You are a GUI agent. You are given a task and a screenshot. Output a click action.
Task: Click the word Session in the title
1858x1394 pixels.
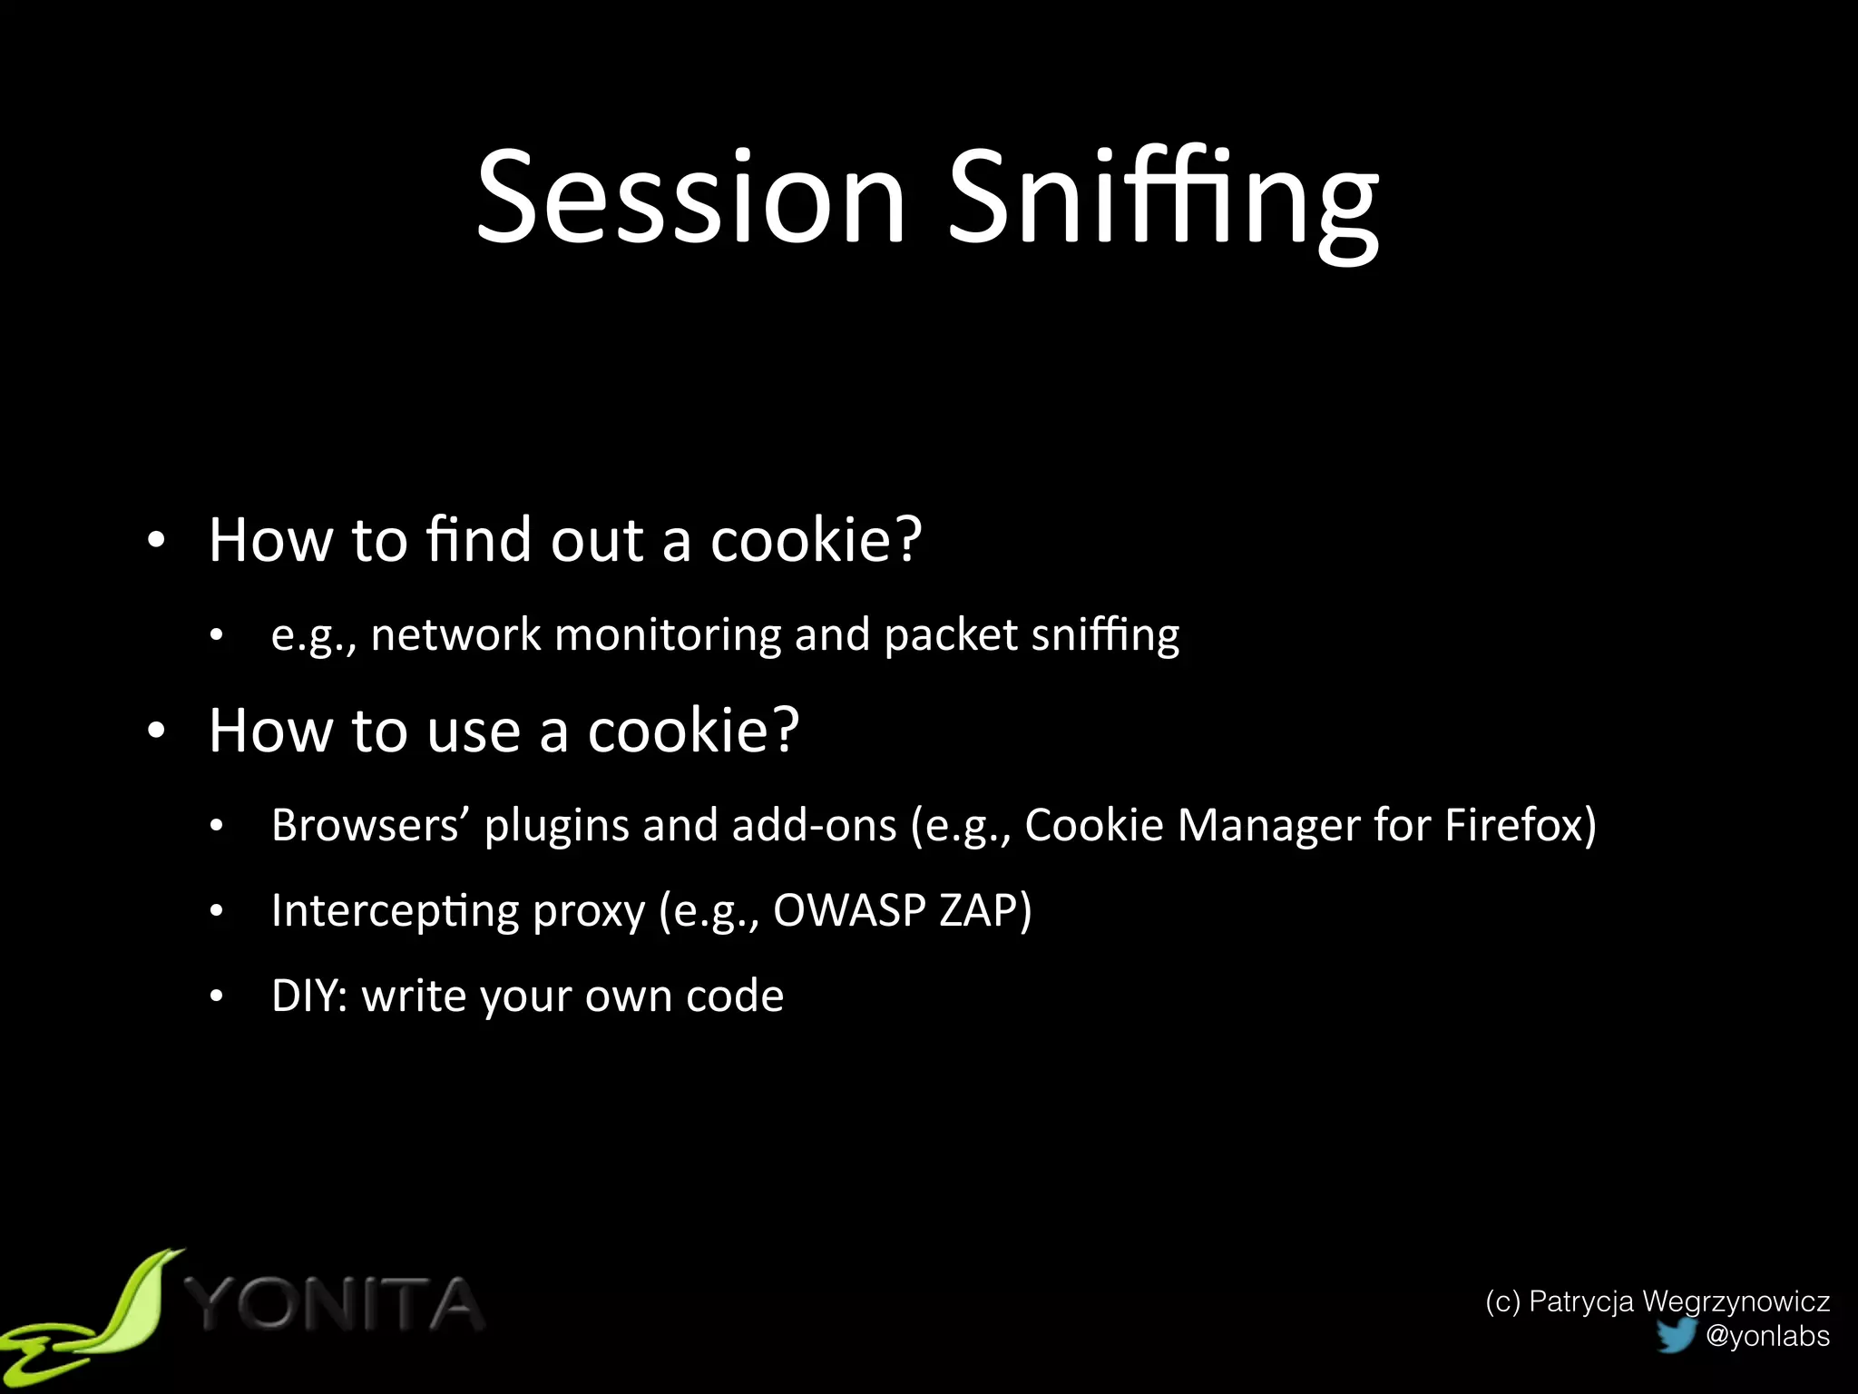click(x=691, y=198)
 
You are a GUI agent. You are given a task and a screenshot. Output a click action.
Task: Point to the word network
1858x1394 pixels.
click(x=455, y=634)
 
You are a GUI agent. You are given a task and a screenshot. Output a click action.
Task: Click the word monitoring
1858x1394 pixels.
click(x=668, y=636)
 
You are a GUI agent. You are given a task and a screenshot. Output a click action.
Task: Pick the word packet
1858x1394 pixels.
click(x=950, y=636)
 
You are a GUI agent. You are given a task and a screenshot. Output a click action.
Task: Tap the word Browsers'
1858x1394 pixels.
click(x=370, y=826)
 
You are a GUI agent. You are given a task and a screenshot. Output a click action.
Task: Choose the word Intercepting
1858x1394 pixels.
click(x=395, y=912)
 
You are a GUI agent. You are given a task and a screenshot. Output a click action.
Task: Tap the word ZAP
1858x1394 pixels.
click(x=979, y=910)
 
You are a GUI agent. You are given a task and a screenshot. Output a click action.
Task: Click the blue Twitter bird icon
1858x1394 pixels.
click(x=1676, y=1335)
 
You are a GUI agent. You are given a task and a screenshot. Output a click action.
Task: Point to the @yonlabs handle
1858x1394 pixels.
click(x=1767, y=1336)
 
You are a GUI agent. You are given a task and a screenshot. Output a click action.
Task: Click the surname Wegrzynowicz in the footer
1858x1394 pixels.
click(x=1736, y=1301)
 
